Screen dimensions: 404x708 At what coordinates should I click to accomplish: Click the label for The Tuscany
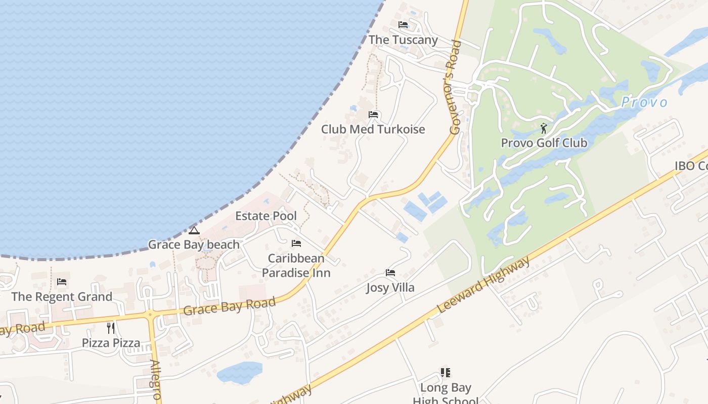coord(403,40)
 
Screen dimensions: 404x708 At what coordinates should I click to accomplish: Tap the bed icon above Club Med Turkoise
coord(373,115)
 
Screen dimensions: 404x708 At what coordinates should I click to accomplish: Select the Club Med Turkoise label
coord(373,129)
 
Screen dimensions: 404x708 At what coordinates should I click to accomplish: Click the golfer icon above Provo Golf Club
coord(544,128)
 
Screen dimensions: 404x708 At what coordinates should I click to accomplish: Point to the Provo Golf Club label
coord(544,143)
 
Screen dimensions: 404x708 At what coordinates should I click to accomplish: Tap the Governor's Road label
coord(455,87)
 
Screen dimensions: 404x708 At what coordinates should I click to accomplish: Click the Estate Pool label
coord(266,216)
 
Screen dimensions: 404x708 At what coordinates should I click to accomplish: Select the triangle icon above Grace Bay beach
coord(194,231)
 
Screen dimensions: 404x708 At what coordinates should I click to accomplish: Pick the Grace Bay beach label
coord(194,245)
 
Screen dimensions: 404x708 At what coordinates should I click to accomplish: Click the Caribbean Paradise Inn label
coord(296,266)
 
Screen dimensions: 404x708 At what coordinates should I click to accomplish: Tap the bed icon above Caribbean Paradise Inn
coord(296,243)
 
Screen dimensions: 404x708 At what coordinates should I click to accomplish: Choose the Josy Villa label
coord(390,288)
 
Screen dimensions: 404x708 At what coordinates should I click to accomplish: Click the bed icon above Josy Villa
coord(390,273)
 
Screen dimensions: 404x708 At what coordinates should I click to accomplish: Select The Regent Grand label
coord(62,296)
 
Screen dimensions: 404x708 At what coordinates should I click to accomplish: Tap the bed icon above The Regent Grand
coord(62,282)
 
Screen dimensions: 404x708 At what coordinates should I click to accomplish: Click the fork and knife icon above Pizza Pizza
coord(111,328)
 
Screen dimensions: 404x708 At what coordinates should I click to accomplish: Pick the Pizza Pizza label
coord(111,343)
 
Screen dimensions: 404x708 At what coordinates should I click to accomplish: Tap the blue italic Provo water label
coord(644,103)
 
